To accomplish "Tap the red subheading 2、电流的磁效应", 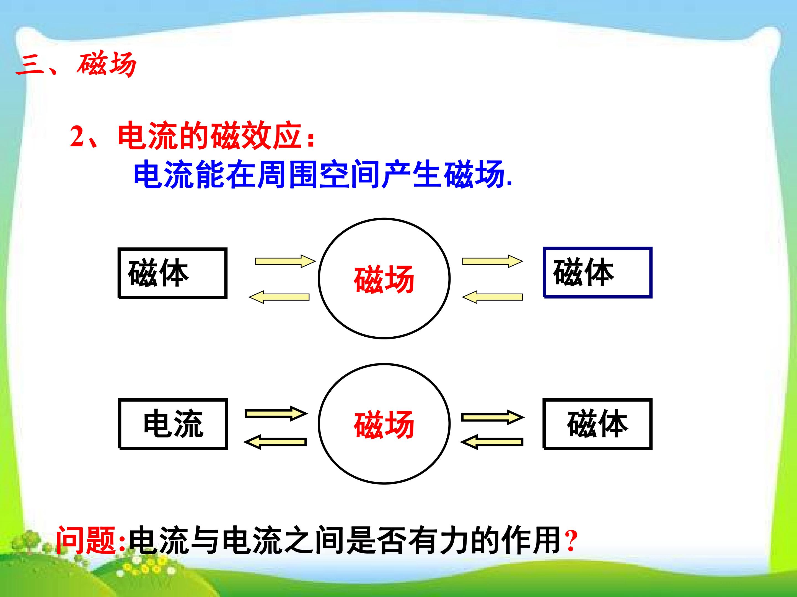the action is click(x=192, y=136).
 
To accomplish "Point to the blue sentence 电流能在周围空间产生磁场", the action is click(x=322, y=174).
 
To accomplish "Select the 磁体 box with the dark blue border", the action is click(x=598, y=273).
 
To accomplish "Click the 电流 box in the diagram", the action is click(x=173, y=424).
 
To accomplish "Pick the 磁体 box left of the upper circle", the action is click(x=173, y=273).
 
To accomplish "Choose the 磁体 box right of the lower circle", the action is click(x=598, y=424).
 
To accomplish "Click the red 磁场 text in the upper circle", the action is click(x=384, y=280).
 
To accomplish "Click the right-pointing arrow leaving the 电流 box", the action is click(x=276, y=413).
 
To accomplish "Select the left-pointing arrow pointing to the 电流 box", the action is click(x=275, y=442).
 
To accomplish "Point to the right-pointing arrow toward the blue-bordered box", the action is click(x=493, y=261).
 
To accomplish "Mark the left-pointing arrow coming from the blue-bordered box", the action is click(x=492, y=297).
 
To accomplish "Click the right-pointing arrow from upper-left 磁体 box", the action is click(x=285, y=261).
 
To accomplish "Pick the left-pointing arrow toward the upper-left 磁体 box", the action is click(x=279, y=297).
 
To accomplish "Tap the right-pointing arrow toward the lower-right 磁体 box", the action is click(x=493, y=417).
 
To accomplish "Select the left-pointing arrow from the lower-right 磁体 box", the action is click(x=492, y=442).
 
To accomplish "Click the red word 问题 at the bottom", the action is click(x=86, y=540).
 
